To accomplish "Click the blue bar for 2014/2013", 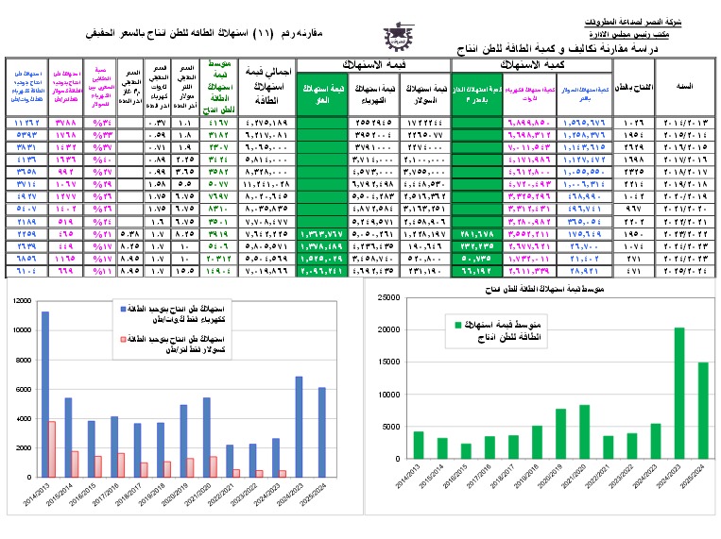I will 44,396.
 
